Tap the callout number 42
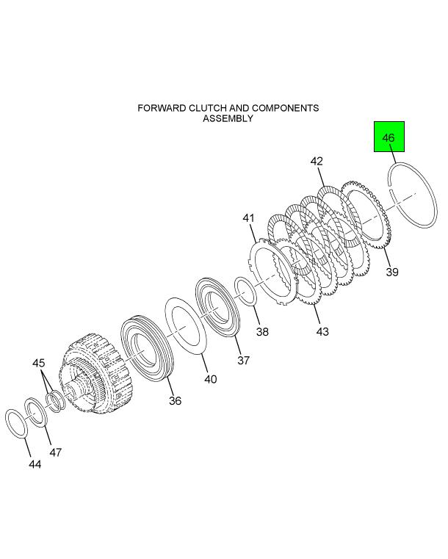(317, 161)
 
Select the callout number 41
(249, 217)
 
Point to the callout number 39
(392, 272)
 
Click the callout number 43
(322, 331)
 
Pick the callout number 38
(262, 331)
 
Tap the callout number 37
(243, 360)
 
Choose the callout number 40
(211, 379)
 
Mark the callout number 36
(175, 400)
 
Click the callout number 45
(39, 363)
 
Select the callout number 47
(56, 452)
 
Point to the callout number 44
(35, 464)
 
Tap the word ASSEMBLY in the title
(228, 118)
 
